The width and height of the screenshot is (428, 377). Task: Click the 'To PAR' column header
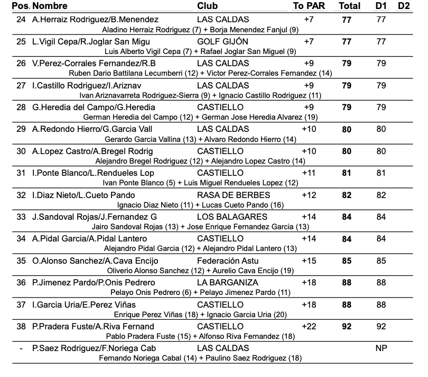pyautogui.click(x=309, y=6)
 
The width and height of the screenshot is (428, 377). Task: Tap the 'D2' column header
pyautogui.click(x=403, y=6)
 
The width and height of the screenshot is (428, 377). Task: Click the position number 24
pyautogui.click(x=21, y=19)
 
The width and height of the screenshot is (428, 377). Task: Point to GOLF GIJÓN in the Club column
pyautogui.click(x=222, y=41)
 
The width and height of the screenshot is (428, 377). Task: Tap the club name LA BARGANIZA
pyautogui.click(x=227, y=282)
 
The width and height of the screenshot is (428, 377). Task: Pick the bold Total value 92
pyautogui.click(x=347, y=326)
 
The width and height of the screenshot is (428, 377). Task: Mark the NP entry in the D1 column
pyautogui.click(x=381, y=348)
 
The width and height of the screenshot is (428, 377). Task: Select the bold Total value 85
pyautogui.click(x=347, y=261)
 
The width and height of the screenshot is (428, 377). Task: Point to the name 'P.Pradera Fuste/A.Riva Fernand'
pyautogui.click(x=93, y=326)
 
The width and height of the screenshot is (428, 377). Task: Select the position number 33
pyautogui.click(x=21, y=217)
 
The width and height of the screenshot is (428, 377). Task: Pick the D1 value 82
pyautogui.click(x=381, y=195)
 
